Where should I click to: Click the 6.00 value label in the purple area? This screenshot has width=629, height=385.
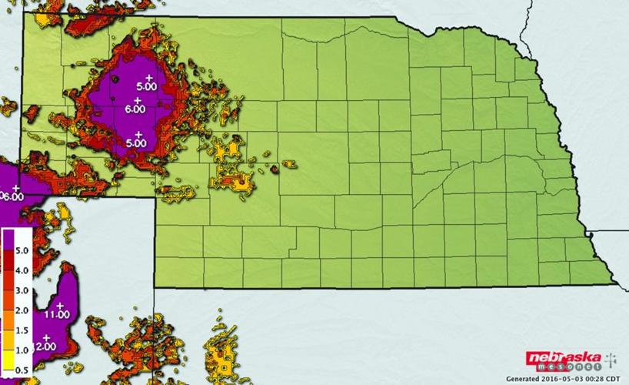(x=135, y=109)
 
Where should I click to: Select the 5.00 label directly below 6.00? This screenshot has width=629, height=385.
(x=136, y=142)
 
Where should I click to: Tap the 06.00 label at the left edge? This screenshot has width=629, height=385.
(x=11, y=196)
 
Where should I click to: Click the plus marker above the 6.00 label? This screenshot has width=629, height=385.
(x=138, y=101)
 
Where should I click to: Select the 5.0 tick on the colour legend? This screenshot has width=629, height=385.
(x=22, y=250)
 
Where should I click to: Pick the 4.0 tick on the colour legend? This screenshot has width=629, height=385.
(x=22, y=270)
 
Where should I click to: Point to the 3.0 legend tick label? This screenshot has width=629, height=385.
(x=22, y=290)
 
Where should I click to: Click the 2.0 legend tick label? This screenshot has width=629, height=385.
(x=22, y=310)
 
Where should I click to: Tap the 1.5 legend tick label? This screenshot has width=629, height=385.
(x=22, y=330)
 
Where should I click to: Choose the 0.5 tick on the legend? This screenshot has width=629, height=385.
(x=22, y=370)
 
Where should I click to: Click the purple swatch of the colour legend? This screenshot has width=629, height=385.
(x=8, y=245)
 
